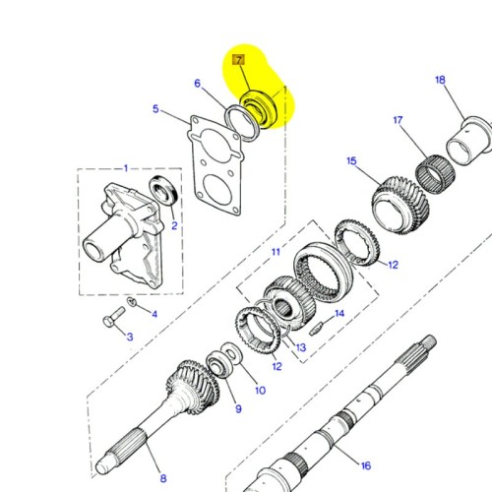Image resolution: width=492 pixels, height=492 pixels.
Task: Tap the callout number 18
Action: (440, 80)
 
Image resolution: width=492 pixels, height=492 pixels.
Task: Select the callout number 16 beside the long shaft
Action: (364, 465)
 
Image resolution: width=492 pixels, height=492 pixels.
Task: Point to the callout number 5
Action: (155, 109)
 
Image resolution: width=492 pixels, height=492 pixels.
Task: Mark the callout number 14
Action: (339, 314)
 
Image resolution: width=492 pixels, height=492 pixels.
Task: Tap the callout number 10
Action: (260, 390)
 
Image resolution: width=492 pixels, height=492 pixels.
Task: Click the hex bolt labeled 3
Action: (112, 321)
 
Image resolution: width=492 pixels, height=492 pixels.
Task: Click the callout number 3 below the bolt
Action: (127, 338)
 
